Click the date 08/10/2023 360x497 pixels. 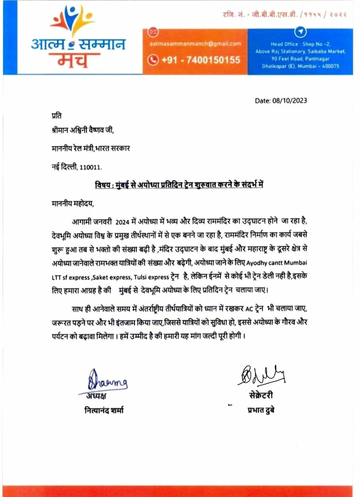281,101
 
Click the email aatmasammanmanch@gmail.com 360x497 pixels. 195,44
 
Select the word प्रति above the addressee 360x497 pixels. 56,116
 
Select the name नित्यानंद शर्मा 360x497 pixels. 104,410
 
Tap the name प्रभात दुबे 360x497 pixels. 261,410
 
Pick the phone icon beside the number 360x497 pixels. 154,60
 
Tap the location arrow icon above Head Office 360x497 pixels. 301,31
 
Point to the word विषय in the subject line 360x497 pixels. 103,185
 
